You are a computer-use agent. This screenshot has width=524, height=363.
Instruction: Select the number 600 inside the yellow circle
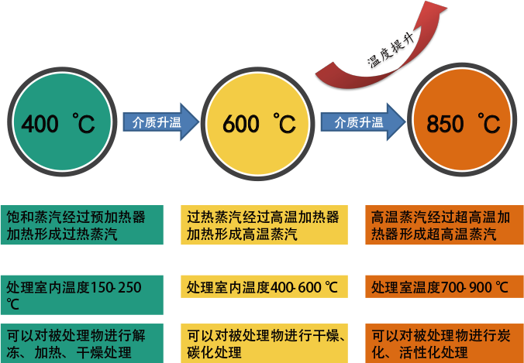coord(240,124)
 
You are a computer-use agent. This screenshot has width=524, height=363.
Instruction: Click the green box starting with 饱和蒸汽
coord(81,225)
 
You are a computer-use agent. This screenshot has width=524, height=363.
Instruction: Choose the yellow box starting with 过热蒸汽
coord(264,225)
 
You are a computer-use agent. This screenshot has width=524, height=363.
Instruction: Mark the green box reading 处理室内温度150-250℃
coord(81,295)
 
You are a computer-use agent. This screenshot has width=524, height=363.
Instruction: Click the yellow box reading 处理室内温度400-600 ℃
coord(264,288)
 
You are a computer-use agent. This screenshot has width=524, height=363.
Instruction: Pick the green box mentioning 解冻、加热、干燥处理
coord(81,344)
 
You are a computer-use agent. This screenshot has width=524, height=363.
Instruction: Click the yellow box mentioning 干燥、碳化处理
coord(264,344)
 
